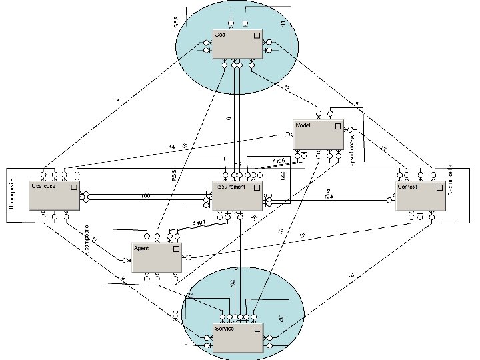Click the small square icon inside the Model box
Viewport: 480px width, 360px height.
click(x=337, y=125)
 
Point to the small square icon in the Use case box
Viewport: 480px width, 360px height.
click(x=73, y=187)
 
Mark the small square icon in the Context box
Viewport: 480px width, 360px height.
click(x=438, y=187)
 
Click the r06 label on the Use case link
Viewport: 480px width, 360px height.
click(x=145, y=197)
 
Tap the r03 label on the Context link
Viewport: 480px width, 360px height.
click(x=329, y=197)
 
